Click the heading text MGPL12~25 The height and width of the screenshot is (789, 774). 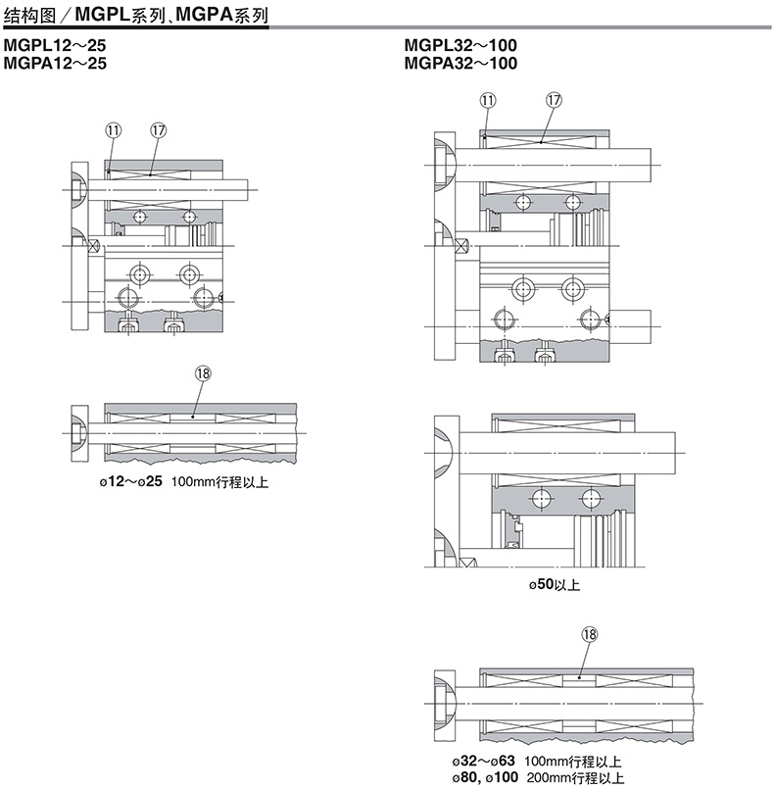pos(55,45)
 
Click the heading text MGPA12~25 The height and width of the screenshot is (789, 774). pos(55,63)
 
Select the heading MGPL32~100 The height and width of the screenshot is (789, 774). pos(460,45)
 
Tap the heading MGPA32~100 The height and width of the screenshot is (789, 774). pos(460,63)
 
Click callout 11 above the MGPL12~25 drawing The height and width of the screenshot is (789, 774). pos(113,130)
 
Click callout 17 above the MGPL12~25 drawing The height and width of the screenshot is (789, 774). pos(158,130)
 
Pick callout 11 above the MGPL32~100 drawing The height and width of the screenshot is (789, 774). pos(488,100)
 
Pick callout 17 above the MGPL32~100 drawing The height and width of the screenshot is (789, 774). pos(554,100)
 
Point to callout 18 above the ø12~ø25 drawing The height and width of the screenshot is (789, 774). pos(203,373)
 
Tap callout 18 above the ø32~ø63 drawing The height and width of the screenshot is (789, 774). pos(590,634)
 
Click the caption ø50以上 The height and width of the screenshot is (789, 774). pos(555,585)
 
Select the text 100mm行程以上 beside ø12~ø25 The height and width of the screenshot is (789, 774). pos(219,482)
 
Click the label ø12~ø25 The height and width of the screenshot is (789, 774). pos(130,481)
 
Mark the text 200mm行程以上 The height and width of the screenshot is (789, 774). pos(575,778)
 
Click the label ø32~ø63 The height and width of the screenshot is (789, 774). pos(483,761)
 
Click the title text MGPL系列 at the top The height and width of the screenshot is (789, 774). pos(121,15)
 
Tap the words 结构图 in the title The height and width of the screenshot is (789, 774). pos(29,16)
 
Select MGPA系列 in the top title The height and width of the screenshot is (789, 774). pos(221,15)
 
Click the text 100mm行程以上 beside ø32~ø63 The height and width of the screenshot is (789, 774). pos(573,762)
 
